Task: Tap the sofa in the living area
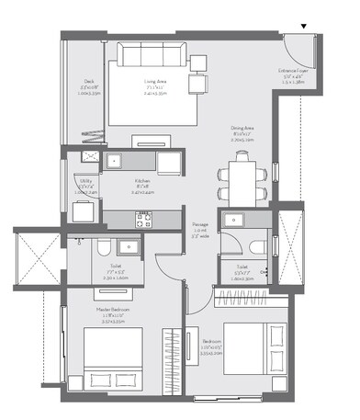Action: tap(152, 52)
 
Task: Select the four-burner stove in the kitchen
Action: tap(143, 219)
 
